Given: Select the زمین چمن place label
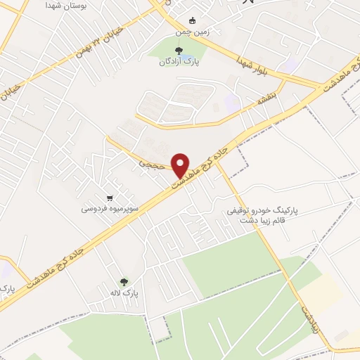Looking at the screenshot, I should click(193, 32).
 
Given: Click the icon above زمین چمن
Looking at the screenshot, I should click(193, 20).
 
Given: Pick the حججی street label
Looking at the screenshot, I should click(151, 161).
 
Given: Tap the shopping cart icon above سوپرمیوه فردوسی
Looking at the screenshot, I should click(109, 198).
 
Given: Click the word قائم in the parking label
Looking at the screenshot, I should click(278, 221).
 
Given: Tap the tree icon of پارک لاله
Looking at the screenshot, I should click(125, 281).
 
